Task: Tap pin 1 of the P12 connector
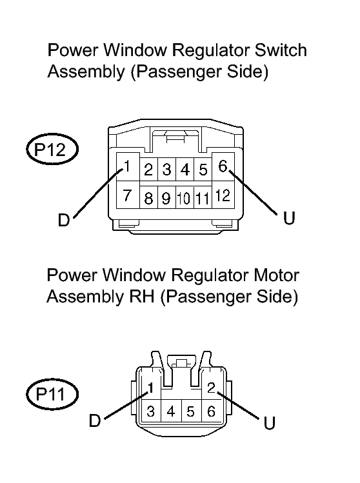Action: coord(128,166)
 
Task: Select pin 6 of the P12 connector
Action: coord(223,166)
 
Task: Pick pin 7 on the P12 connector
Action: coord(128,195)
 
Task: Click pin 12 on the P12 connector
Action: coord(223,195)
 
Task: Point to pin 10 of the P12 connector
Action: coord(185,197)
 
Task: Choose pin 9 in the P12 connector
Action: coord(166,197)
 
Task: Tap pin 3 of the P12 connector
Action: coord(166,170)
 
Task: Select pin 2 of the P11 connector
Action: coord(212,387)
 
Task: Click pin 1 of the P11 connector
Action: coord(151,387)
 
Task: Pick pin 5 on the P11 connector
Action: coord(191,411)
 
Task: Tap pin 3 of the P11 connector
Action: coord(151,411)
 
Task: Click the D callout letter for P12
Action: coord(64,220)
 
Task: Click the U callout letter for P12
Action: coord(289,218)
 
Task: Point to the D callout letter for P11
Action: coord(95,420)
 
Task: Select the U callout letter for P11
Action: coord(270,423)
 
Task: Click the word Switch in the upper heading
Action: coord(281,50)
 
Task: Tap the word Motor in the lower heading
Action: coord(276,275)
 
